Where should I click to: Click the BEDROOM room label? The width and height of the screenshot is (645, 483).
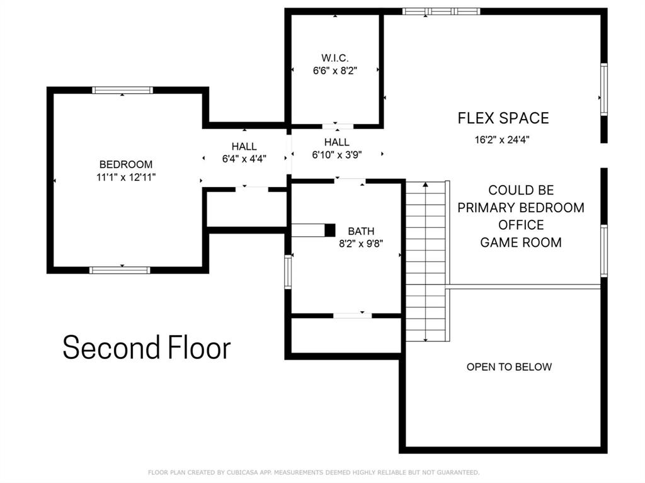(126, 164)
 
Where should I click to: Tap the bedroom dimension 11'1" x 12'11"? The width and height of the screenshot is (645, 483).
(126, 178)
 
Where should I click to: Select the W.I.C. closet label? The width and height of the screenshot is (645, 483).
(335, 58)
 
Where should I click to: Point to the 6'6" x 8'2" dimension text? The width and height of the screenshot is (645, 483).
(335, 71)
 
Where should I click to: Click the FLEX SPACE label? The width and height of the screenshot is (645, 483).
(503, 118)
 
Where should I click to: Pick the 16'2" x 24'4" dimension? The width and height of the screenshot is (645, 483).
(502, 140)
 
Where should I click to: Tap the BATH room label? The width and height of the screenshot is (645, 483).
(361, 231)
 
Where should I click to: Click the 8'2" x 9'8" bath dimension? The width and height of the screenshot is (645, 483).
(361, 244)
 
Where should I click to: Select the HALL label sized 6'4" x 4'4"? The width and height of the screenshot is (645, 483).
(244, 147)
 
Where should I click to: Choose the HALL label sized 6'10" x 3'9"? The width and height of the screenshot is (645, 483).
(337, 142)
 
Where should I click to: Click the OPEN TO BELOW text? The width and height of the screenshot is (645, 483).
(509, 367)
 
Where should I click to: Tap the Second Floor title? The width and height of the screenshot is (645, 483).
(146, 348)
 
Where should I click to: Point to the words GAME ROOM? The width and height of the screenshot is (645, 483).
(521, 242)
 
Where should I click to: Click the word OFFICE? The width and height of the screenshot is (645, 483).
(521, 225)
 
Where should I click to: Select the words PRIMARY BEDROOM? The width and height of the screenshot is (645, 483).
(521, 208)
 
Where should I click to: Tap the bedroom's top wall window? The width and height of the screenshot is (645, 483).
(122, 90)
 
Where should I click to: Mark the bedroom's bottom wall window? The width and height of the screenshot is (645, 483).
(120, 270)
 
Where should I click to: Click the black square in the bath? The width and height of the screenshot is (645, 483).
(330, 230)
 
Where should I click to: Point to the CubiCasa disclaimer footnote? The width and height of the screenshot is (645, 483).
(314, 472)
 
